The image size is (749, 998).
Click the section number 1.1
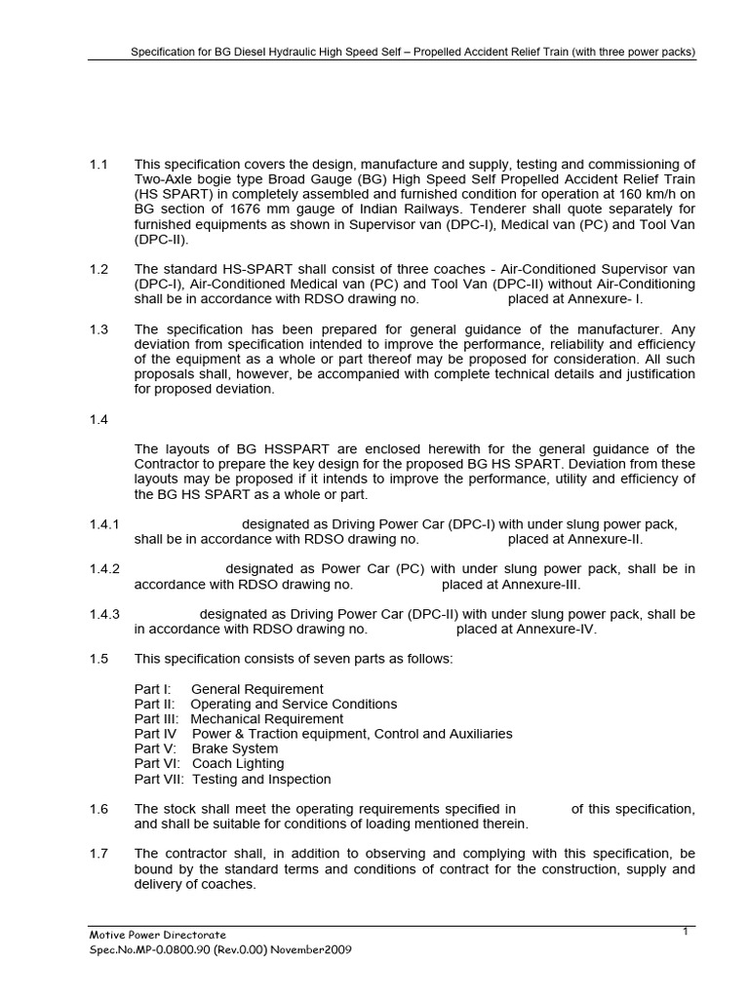point(98,164)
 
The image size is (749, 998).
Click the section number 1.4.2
point(103,569)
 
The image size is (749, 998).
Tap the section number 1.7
point(98,854)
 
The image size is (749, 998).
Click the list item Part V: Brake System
point(194,748)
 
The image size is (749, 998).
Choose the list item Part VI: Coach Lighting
point(209,764)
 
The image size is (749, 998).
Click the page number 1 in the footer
point(686,932)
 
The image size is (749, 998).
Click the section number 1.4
point(98,419)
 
